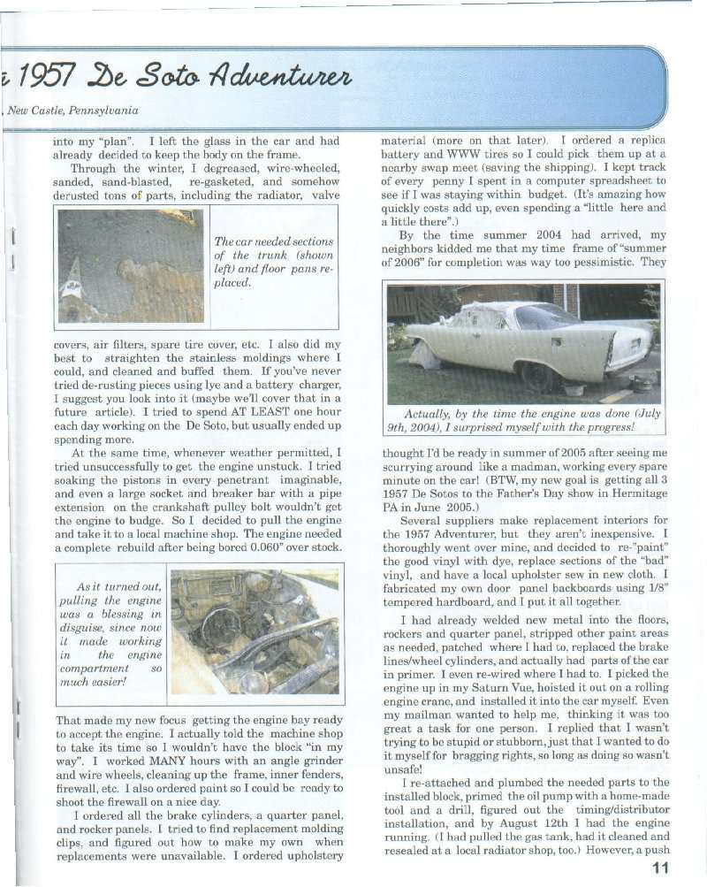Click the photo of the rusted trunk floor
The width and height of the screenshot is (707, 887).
[x=131, y=265]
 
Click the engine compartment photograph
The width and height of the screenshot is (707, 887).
[x=255, y=632]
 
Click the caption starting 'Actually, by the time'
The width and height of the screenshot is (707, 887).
[x=525, y=421]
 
